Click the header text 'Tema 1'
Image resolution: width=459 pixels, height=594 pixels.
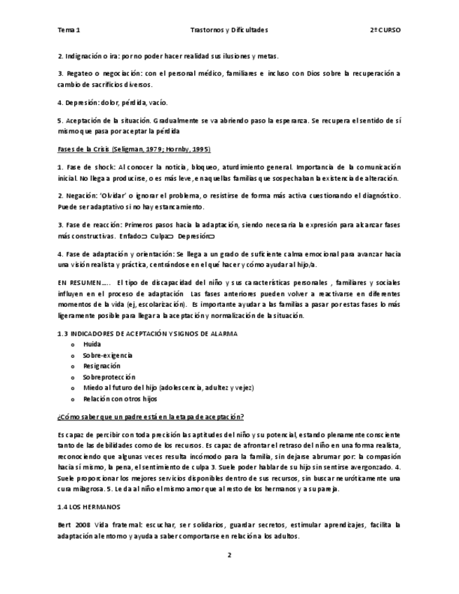point(69,31)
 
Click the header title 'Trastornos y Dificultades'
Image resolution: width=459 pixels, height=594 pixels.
point(228,31)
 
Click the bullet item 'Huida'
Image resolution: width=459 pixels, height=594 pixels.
point(91,345)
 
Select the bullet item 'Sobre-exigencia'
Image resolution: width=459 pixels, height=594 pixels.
point(107,355)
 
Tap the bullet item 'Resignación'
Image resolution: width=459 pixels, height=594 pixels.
point(102,366)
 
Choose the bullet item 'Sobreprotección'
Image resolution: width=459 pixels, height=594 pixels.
point(109,376)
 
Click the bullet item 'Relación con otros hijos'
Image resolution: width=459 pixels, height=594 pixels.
point(120,398)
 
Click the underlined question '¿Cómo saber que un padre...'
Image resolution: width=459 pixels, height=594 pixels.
point(151,417)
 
